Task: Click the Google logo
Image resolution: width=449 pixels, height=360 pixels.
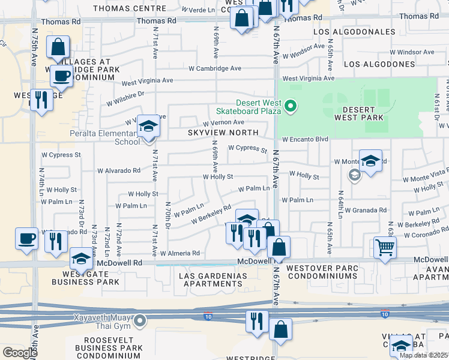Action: click(x=20, y=353)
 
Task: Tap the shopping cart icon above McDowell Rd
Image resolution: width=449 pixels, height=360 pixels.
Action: click(x=384, y=247)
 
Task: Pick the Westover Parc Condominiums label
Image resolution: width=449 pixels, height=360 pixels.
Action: click(x=322, y=272)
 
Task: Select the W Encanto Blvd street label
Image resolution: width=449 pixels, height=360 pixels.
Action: click(x=305, y=139)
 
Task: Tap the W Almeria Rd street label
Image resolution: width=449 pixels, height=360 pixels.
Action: click(x=179, y=254)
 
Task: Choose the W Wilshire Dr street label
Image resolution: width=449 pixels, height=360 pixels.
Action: click(x=126, y=98)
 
